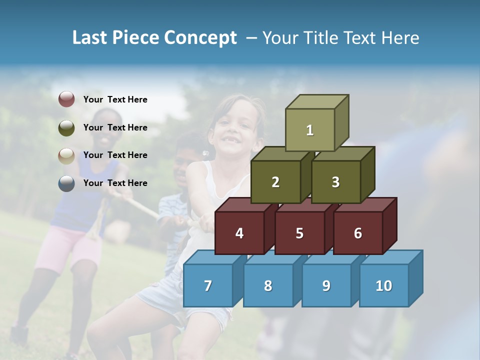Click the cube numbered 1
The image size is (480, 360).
point(310,130)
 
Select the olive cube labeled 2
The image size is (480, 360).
point(275,182)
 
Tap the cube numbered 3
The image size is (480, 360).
point(335,182)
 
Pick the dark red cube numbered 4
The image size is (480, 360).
point(239,233)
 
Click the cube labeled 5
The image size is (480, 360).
point(299,233)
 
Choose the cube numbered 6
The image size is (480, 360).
point(358,233)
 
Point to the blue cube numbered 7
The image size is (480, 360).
point(208,285)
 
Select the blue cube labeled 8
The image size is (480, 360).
point(268,285)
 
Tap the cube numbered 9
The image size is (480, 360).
point(326,285)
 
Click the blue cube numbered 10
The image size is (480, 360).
point(384,285)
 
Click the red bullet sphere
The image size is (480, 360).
point(66,99)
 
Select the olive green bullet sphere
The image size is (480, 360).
point(66,127)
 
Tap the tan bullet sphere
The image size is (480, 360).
point(66,155)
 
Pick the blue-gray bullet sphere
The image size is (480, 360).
point(66,183)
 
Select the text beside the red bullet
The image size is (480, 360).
point(115,99)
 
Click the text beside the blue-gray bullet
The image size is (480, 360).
point(115,183)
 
